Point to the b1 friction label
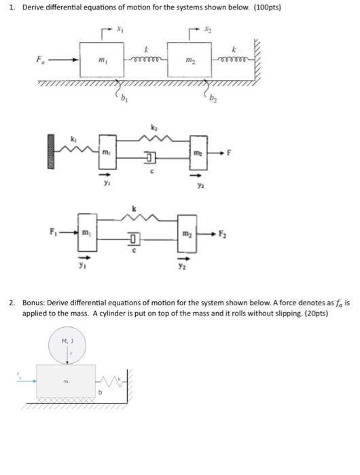(124, 103)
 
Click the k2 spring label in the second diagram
(153, 127)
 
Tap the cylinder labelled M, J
(67, 345)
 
